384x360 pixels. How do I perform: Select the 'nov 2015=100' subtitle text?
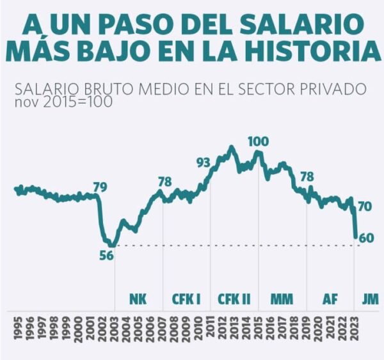(63, 102)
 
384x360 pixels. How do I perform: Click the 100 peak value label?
(259, 141)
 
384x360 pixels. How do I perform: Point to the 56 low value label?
(107, 255)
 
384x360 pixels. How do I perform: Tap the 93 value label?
(204, 163)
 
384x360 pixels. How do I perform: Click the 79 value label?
(100, 187)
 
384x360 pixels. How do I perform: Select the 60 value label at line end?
(366, 238)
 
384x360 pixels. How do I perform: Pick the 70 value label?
(365, 207)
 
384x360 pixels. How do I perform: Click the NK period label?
(138, 299)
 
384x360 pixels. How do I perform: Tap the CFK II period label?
(234, 299)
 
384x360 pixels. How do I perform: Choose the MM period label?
(282, 299)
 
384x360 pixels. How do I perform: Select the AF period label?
(330, 299)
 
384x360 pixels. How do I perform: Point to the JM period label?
(371, 299)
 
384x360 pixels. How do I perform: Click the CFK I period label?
(186, 299)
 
